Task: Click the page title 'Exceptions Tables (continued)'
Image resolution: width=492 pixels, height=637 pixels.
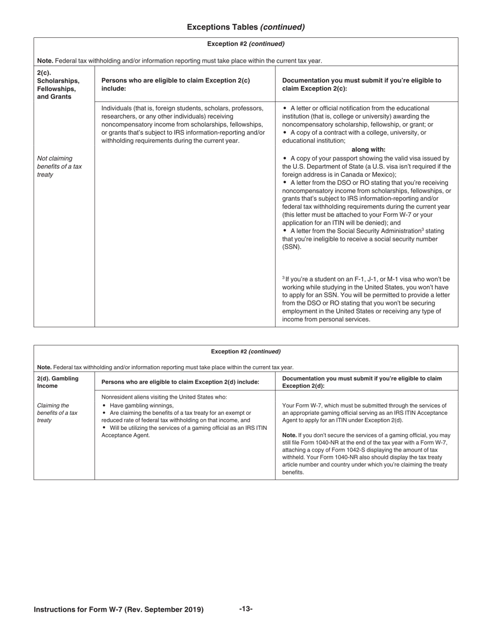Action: tap(245, 27)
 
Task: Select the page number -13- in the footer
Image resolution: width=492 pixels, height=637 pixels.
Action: tap(245, 609)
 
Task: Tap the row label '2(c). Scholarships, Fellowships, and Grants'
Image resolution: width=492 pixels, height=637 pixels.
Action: tap(58, 84)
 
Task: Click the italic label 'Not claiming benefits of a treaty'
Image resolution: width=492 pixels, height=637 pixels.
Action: tap(59, 166)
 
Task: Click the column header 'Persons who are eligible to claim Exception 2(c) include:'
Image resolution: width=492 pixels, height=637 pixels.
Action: tap(176, 84)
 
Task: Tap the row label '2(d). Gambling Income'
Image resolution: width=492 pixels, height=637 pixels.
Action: tap(57, 382)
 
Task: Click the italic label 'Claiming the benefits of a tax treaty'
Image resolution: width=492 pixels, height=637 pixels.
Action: tap(57, 413)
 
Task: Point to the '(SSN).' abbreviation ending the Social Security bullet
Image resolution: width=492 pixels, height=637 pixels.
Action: tap(292, 247)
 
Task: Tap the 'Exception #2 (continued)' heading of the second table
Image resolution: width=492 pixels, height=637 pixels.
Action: tap(245, 351)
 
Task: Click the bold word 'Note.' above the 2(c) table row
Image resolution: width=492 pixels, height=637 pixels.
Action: tap(45, 61)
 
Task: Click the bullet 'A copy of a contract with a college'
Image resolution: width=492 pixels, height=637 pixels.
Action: tap(357, 133)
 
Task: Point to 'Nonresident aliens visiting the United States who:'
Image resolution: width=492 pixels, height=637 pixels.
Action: tap(164, 397)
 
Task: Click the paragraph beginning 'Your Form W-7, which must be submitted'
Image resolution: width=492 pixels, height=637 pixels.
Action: tap(365, 413)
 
